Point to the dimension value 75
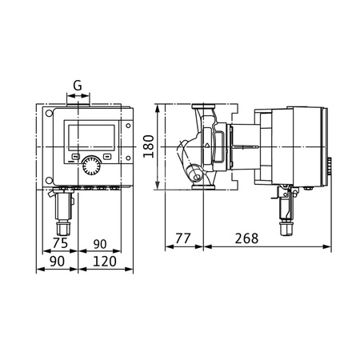(59, 243)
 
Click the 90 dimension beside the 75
(100, 243)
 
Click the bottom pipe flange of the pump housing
(202, 186)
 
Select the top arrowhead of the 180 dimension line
(160, 106)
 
